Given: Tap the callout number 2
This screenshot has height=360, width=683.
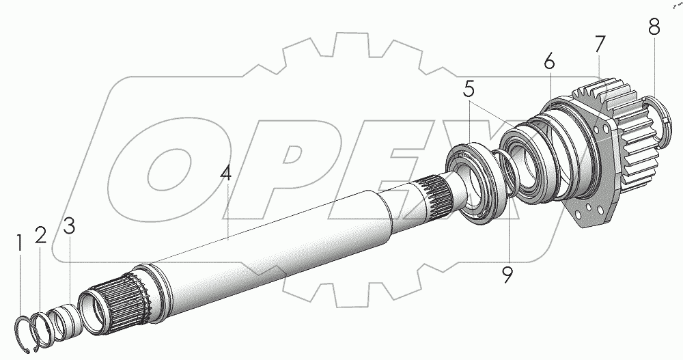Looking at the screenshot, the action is (40, 236).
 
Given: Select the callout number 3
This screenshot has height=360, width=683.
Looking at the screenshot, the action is (69, 225).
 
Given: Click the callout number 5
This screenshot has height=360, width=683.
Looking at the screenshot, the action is (469, 89).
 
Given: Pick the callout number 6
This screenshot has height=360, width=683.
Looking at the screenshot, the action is (549, 63).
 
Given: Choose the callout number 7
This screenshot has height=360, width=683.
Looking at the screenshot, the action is (600, 44).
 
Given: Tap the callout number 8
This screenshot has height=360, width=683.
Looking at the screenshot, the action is (654, 27).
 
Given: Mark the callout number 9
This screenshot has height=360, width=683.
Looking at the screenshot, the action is (507, 275).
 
